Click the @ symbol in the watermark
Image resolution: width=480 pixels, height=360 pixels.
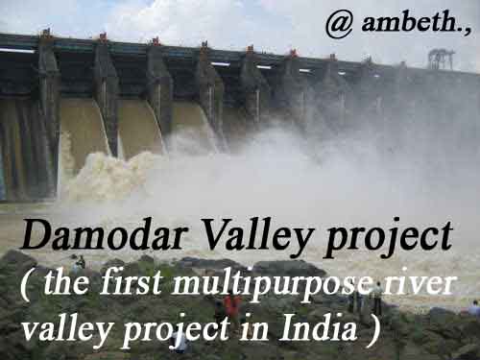339,25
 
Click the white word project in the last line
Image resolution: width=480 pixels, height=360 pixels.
178,330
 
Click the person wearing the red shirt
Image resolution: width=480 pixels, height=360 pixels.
232,306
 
